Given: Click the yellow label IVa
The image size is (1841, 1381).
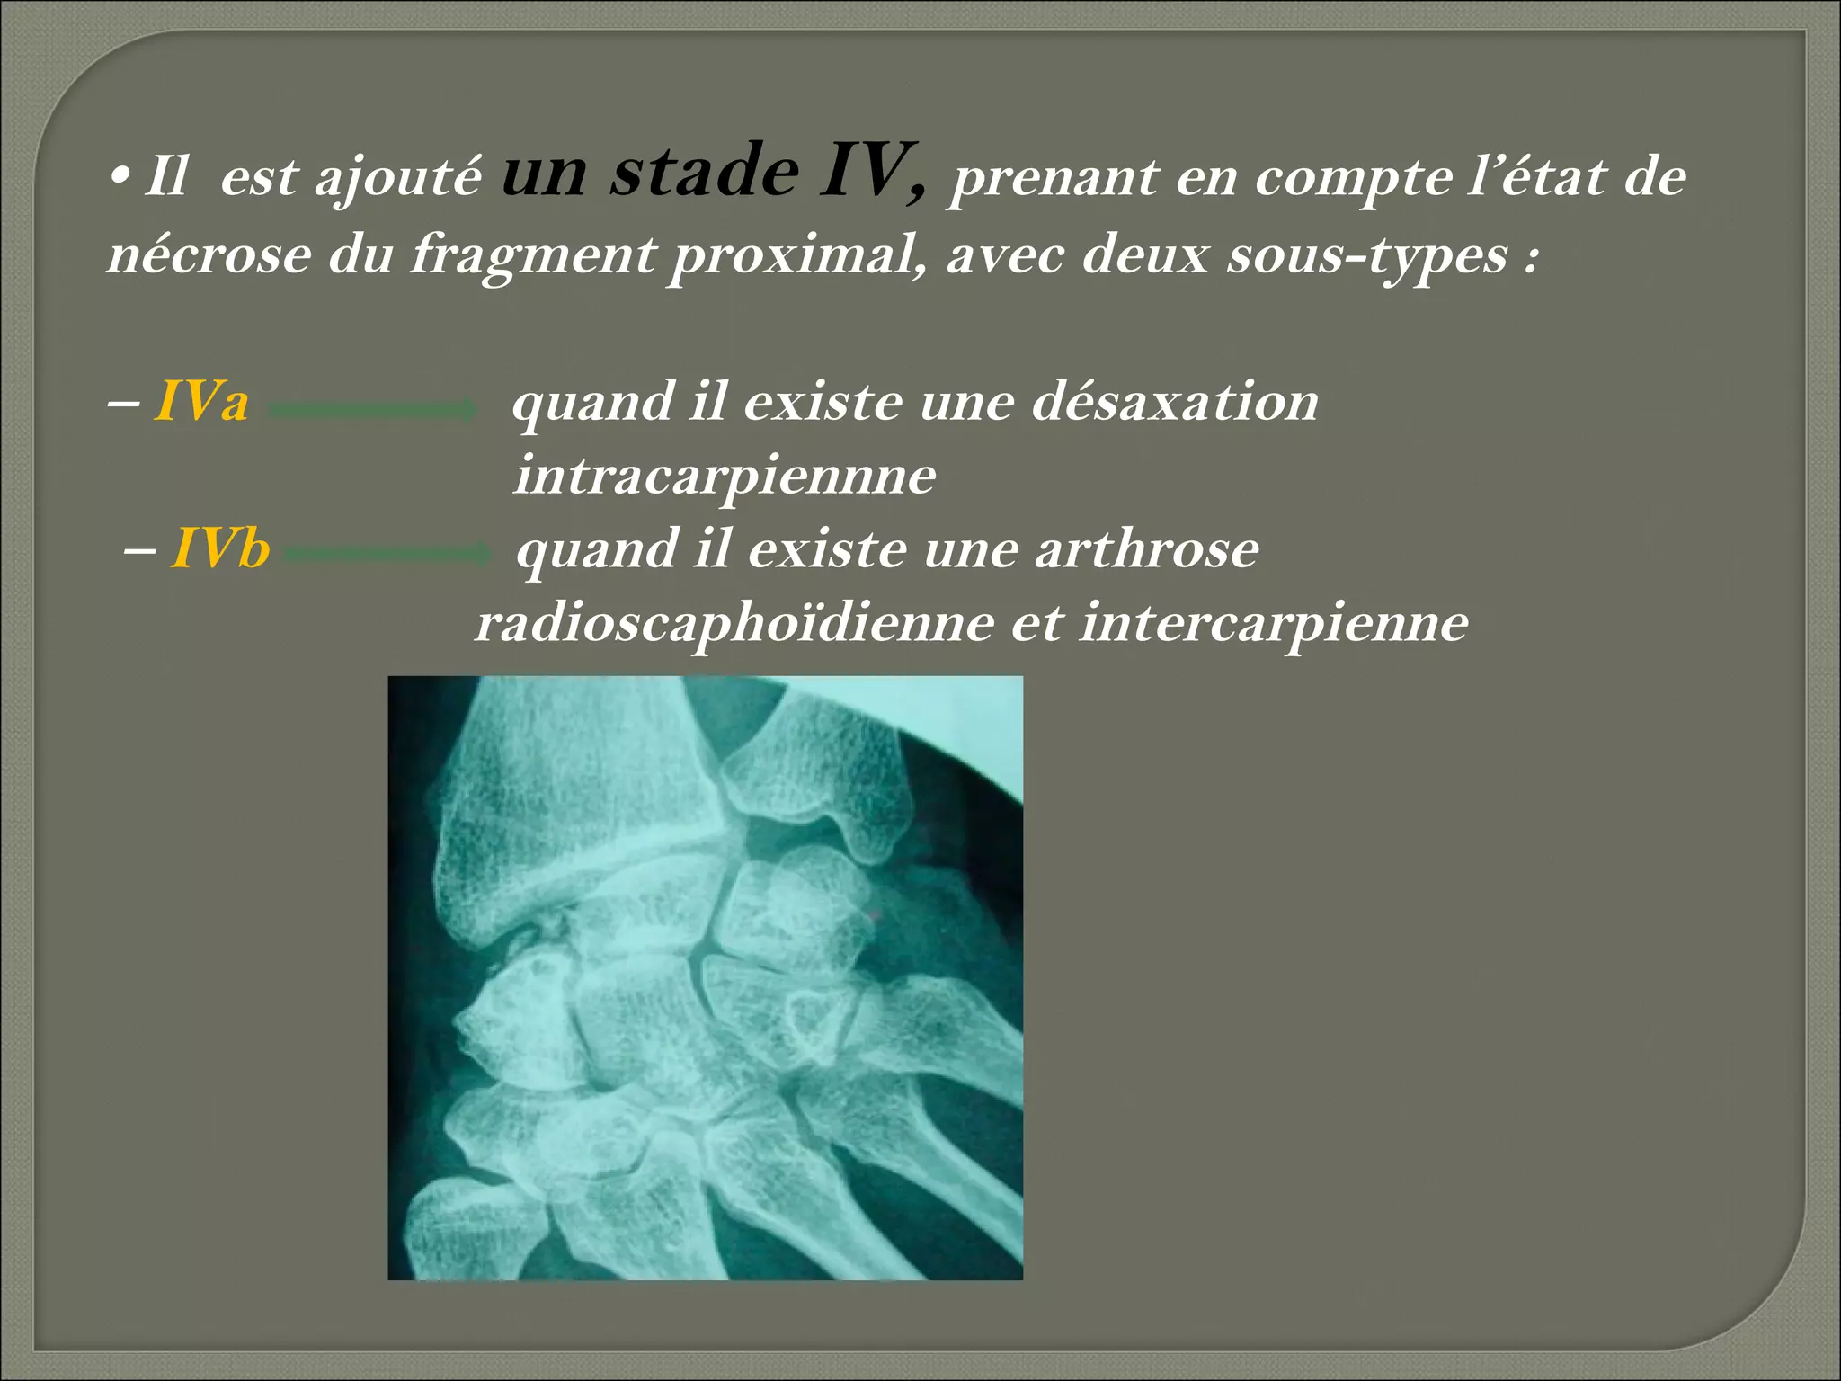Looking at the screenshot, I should coord(201,401).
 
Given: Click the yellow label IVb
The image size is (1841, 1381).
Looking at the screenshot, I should coord(220,548).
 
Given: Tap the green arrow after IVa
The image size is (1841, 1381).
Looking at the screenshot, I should coord(373,410).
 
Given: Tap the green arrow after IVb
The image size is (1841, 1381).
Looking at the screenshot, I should coord(389,554).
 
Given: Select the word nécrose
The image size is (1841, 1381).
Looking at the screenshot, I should coord(209,254).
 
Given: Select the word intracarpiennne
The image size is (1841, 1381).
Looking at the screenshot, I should coord(725,476).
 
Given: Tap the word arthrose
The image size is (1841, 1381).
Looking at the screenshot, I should coord(1146,548).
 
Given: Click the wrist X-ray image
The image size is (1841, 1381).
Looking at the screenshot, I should coord(705,977).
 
